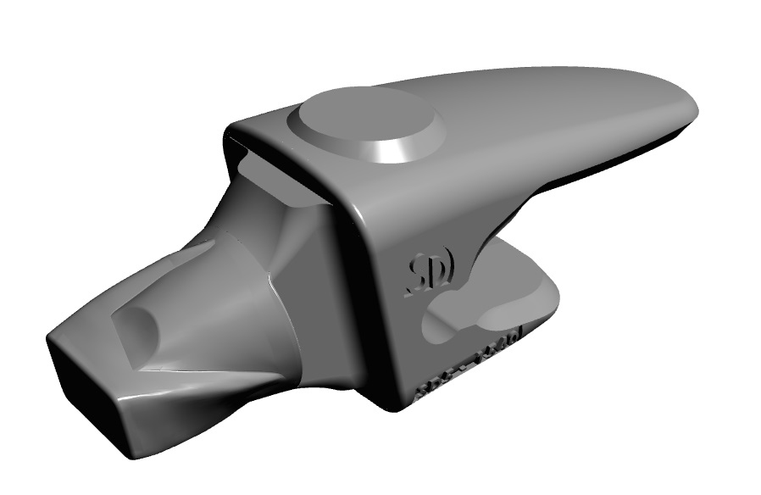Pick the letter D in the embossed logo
(x=443, y=266)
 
